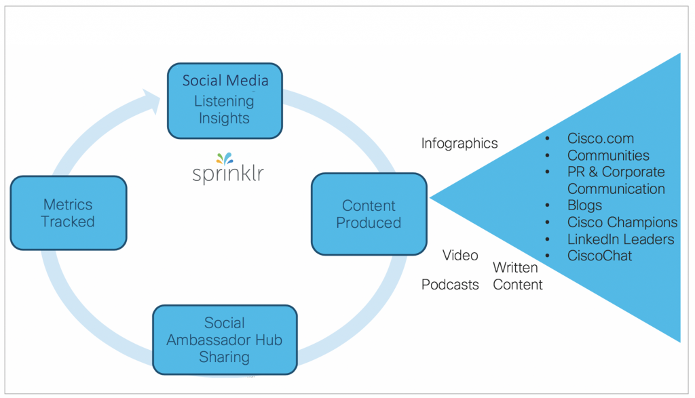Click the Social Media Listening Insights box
(225, 100)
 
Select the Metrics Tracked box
(68, 213)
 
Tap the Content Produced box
(369, 214)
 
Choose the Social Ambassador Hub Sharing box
(225, 340)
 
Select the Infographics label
(459, 143)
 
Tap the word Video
(460, 256)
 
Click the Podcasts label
(450, 285)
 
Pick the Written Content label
(518, 276)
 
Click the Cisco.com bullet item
(600, 139)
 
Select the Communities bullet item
(608, 156)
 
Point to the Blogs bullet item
(584, 205)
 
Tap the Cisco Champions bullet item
(622, 222)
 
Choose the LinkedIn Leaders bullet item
(620, 239)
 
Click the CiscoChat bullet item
(599, 256)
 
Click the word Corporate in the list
(633, 172)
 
